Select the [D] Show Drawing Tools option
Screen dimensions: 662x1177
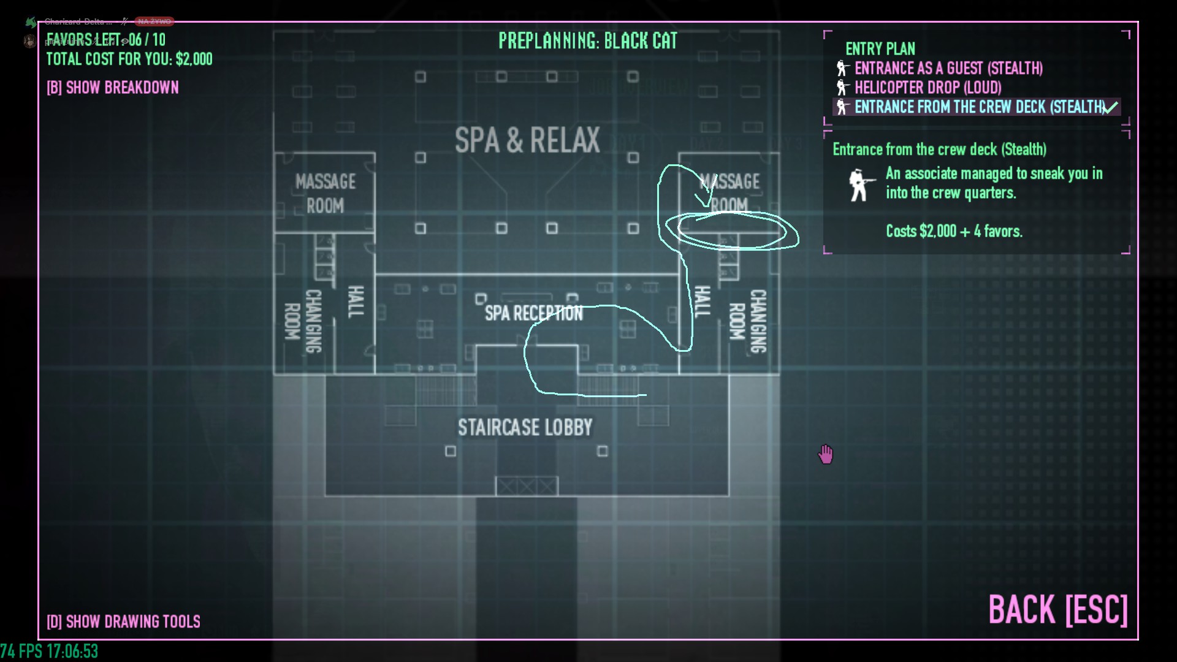pyautogui.click(x=123, y=622)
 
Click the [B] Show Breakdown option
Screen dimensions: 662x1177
pyautogui.click(x=113, y=88)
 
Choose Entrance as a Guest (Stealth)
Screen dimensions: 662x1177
pyautogui.click(x=948, y=68)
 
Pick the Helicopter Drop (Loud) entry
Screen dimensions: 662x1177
pyautogui.click(x=928, y=88)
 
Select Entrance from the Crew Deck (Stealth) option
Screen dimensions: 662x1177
pyautogui.click(x=980, y=107)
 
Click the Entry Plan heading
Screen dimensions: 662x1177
pyautogui.click(x=880, y=49)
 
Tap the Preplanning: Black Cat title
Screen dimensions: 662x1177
pyautogui.click(x=587, y=41)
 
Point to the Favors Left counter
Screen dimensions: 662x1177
pyautogui.click(x=106, y=40)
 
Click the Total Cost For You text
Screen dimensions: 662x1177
pyautogui.click(x=129, y=59)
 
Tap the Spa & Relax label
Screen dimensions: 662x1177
pyautogui.click(x=527, y=140)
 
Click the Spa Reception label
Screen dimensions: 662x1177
pyautogui.click(x=533, y=313)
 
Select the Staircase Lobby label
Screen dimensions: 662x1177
pyautogui.click(x=525, y=427)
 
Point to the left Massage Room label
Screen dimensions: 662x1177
pyautogui.click(x=325, y=193)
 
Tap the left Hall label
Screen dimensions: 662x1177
pyautogui.click(x=356, y=302)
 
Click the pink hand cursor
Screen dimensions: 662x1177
pyautogui.click(x=826, y=454)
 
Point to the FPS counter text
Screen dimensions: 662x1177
pyautogui.click(x=49, y=651)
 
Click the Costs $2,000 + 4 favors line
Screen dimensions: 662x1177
pyautogui.click(x=954, y=231)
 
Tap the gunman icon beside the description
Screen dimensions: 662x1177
pyautogui.click(x=860, y=185)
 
